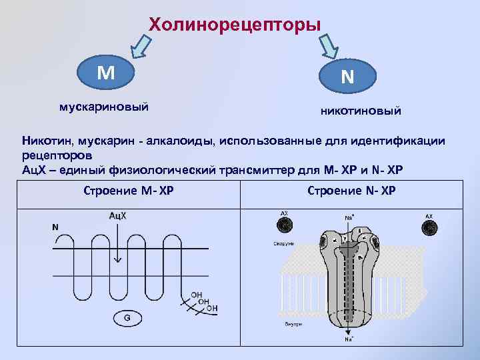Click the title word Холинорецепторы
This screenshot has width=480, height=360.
235,25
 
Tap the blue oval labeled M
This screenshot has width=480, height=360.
105,73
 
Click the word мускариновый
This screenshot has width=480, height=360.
104,106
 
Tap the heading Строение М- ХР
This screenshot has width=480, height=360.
129,191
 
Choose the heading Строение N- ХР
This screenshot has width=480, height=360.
351,191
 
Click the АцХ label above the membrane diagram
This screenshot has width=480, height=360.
117,216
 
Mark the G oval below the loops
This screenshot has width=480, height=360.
127,319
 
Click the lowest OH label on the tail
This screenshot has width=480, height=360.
211,308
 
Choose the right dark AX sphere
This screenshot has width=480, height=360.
429,227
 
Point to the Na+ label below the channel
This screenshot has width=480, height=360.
349,340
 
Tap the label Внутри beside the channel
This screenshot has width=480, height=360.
294,324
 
